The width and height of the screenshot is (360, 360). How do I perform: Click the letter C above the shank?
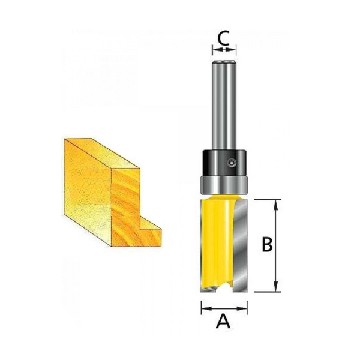pyautogui.click(x=223, y=38)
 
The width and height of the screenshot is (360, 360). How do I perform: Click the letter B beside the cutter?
pyautogui.click(x=267, y=244)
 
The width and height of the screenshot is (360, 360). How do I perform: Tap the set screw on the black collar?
pyautogui.click(x=232, y=163)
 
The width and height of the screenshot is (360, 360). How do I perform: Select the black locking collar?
pyautogui.click(x=224, y=163)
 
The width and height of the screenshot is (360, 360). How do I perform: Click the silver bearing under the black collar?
pyautogui.click(x=224, y=185)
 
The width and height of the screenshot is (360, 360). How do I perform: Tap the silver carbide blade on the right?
pyautogui.click(x=240, y=245)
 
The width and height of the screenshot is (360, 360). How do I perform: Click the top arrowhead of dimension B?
pyautogui.click(x=276, y=205)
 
